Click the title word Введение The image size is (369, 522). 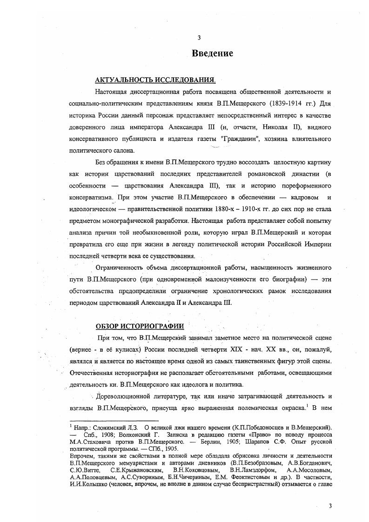coord(212,54)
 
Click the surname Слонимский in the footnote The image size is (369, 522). coord(107,427)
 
